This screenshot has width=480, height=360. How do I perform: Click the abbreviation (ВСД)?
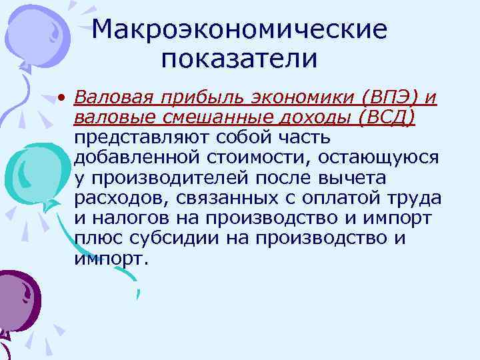coord(386,118)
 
